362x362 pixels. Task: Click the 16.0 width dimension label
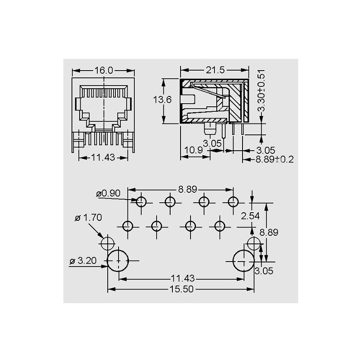click(104, 71)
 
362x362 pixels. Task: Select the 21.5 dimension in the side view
click(215, 70)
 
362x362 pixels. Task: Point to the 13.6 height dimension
click(162, 100)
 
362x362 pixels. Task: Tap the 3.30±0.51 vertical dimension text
click(261, 90)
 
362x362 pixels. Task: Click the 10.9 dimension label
click(194, 150)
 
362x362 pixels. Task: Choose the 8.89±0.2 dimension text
click(275, 159)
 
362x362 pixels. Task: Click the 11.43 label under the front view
click(103, 157)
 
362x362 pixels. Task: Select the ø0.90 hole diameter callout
click(108, 193)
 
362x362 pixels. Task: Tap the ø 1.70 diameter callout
click(88, 218)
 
